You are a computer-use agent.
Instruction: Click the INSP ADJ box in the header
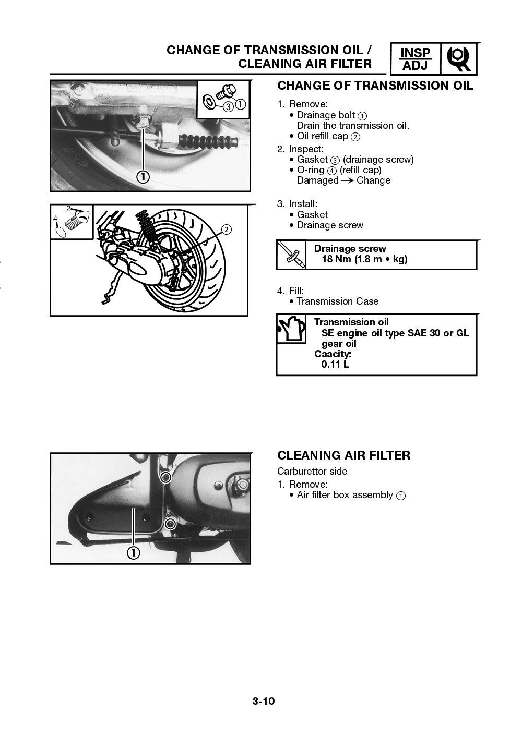pyautogui.click(x=416, y=59)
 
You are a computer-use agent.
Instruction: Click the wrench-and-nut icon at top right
pyautogui.click(x=459, y=59)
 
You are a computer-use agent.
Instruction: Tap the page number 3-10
pyautogui.click(x=264, y=700)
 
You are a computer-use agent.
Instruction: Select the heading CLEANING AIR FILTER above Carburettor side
pyautogui.click(x=343, y=455)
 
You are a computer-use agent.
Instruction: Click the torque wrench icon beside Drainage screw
pyautogui.click(x=291, y=255)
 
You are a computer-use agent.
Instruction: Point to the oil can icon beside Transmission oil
pyautogui.click(x=291, y=329)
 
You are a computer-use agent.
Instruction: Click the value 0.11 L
pyautogui.click(x=335, y=364)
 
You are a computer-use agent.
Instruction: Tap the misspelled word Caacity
pyautogui.click(x=333, y=354)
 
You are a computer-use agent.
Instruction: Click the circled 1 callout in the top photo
pyautogui.click(x=143, y=177)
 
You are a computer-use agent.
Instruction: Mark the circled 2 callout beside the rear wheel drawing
pyautogui.click(x=226, y=229)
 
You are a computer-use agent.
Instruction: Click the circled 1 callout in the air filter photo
pyautogui.click(x=134, y=552)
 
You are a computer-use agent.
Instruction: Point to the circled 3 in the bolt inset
pyautogui.click(x=228, y=106)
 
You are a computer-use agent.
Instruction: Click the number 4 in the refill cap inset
pyautogui.click(x=55, y=219)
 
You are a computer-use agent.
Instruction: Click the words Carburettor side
pyautogui.click(x=312, y=471)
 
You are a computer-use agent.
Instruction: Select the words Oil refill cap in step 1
pyautogui.click(x=322, y=136)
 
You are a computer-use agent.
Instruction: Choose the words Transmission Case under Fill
pyautogui.click(x=337, y=301)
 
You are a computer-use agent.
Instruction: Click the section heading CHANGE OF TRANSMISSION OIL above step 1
pyautogui.click(x=375, y=86)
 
